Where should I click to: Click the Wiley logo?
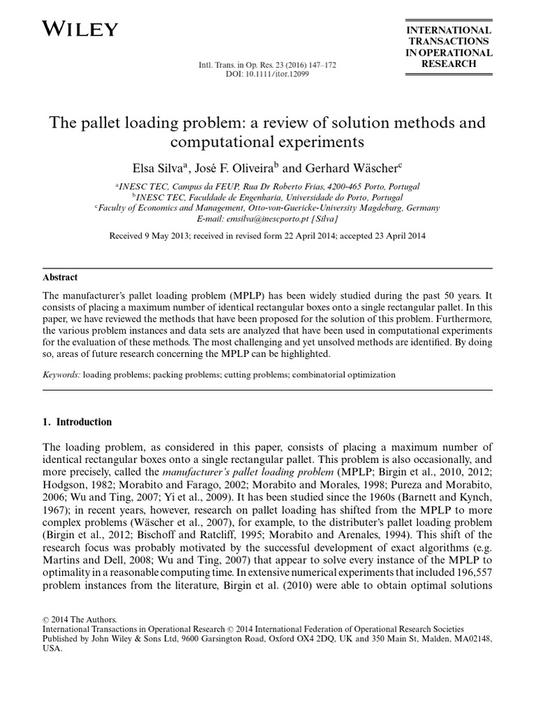[x=80, y=29]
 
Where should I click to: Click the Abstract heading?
[x=60, y=277]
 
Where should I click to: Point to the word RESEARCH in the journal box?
[x=449, y=63]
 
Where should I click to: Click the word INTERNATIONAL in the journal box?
[x=449, y=30]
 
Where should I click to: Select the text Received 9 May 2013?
[x=149, y=236]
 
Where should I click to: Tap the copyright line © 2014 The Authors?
[x=80, y=618]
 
